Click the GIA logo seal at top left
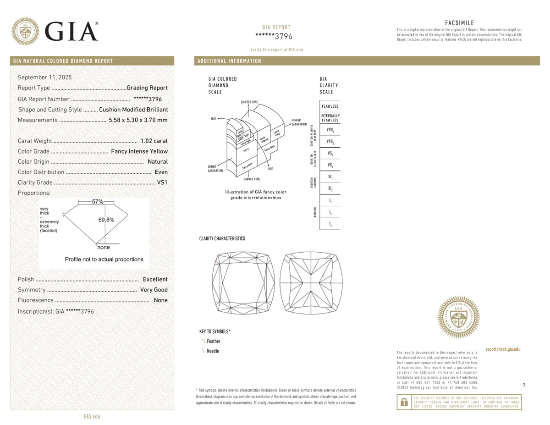[25, 31]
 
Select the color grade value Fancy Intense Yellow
[139, 151]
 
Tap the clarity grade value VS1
[162, 182]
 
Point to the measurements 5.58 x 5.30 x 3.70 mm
[138, 120]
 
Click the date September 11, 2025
[44, 77]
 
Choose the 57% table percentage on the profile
[98, 202]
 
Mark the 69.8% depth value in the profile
[106, 220]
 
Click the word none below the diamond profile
[104, 248]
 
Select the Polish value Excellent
[155, 279]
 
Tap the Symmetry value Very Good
[154, 290]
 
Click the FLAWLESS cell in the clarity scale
[330, 106]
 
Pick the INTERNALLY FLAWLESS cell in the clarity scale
[330, 118]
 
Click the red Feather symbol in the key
[203, 341]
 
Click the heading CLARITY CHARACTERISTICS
[222, 238]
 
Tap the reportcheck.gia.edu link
[503, 349]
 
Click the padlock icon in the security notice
[404, 402]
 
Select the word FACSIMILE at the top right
[459, 23]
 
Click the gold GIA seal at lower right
[458, 317]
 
